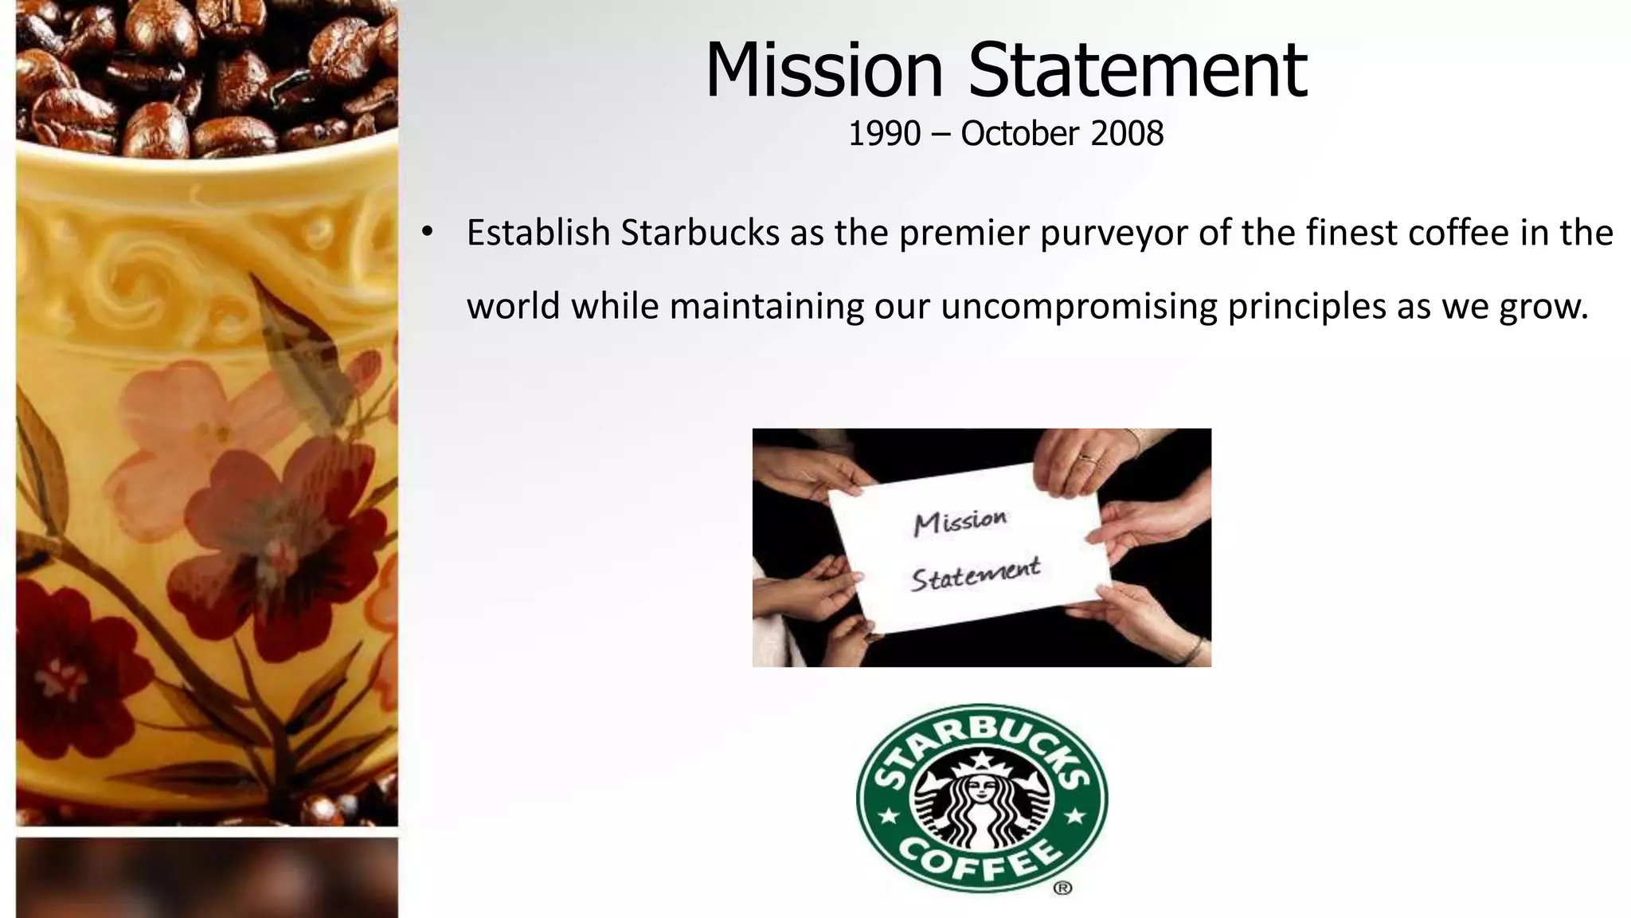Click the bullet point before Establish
[427, 233]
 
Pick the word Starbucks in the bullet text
[700, 233]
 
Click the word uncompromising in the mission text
[1079, 307]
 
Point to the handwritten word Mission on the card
[960, 523]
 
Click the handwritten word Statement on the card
[976, 575]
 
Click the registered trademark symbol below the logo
[1062, 888]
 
